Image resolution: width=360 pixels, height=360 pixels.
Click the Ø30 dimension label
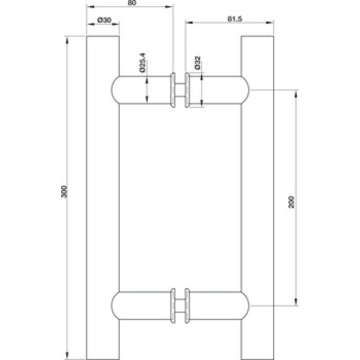point(104,20)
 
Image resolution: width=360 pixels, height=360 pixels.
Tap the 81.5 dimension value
point(235,19)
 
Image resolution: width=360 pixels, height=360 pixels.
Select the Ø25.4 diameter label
point(143,63)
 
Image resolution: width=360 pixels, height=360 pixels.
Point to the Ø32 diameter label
point(198,63)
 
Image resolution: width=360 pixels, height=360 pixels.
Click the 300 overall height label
point(64,191)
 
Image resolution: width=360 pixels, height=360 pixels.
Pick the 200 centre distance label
point(291,202)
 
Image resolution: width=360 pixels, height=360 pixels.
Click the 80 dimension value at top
point(132,3)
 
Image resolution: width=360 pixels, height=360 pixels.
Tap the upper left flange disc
point(173,90)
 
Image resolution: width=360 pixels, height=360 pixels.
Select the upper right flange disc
point(187,90)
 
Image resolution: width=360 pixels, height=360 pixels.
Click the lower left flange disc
point(173,306)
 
